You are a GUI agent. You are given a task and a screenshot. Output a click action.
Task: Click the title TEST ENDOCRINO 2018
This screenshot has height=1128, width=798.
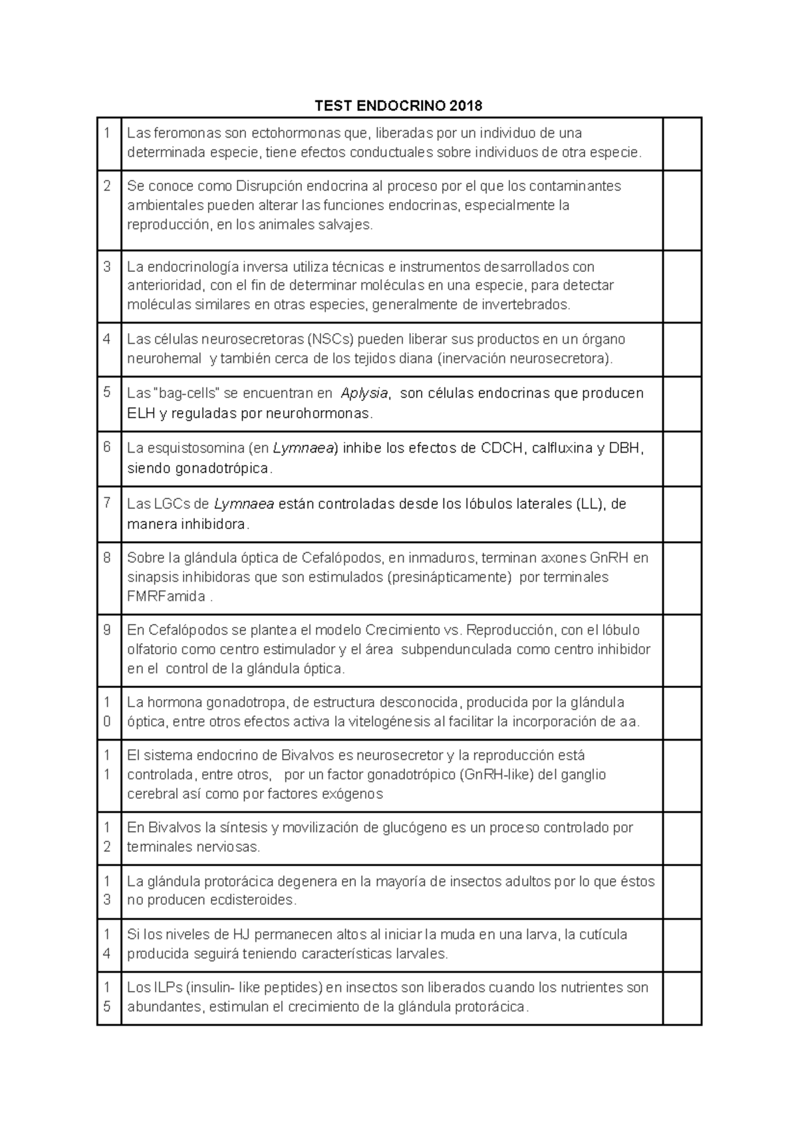point(398,106)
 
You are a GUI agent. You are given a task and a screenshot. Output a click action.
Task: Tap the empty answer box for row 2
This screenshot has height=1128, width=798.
point(682,210)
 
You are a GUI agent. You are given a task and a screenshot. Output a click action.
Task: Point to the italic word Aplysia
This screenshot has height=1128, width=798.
point(364,394)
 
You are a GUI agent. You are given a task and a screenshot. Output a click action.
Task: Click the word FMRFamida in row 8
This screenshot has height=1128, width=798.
point(166,596)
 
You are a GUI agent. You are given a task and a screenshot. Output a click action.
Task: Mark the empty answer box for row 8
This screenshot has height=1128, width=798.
point(682,578)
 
